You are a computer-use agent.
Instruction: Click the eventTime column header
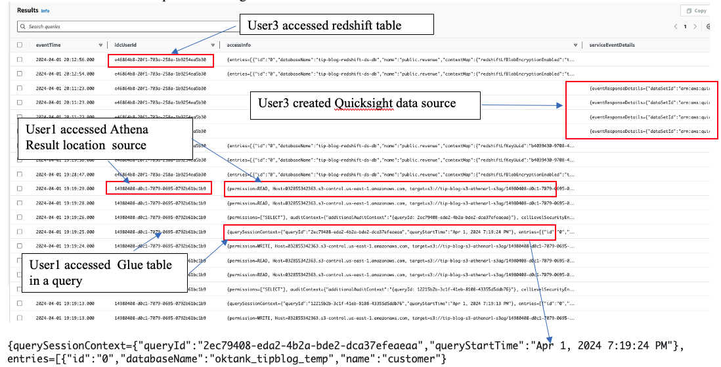tap(49, 45)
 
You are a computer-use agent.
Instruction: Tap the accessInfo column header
tap(238, 45)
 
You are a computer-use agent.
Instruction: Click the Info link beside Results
tap(45, 11)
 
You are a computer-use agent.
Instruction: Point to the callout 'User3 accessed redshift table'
tap(337, 25)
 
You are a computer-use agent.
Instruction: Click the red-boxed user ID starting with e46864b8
tap(161, 59)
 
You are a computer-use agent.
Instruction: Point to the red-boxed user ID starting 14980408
tap(160, 188)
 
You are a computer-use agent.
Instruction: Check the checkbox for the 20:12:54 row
tap(20, 74)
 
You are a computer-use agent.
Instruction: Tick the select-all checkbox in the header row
tap(20, 45)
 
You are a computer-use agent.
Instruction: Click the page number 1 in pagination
tap(686, 27)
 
